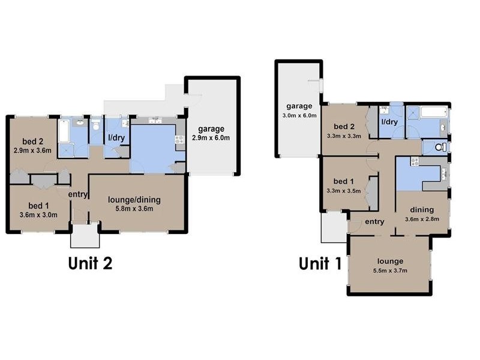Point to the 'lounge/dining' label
134,200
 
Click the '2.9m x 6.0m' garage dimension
211,137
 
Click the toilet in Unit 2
96,127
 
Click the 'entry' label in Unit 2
79,194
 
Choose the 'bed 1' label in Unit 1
344,181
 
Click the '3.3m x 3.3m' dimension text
344,136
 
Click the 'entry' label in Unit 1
374,221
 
